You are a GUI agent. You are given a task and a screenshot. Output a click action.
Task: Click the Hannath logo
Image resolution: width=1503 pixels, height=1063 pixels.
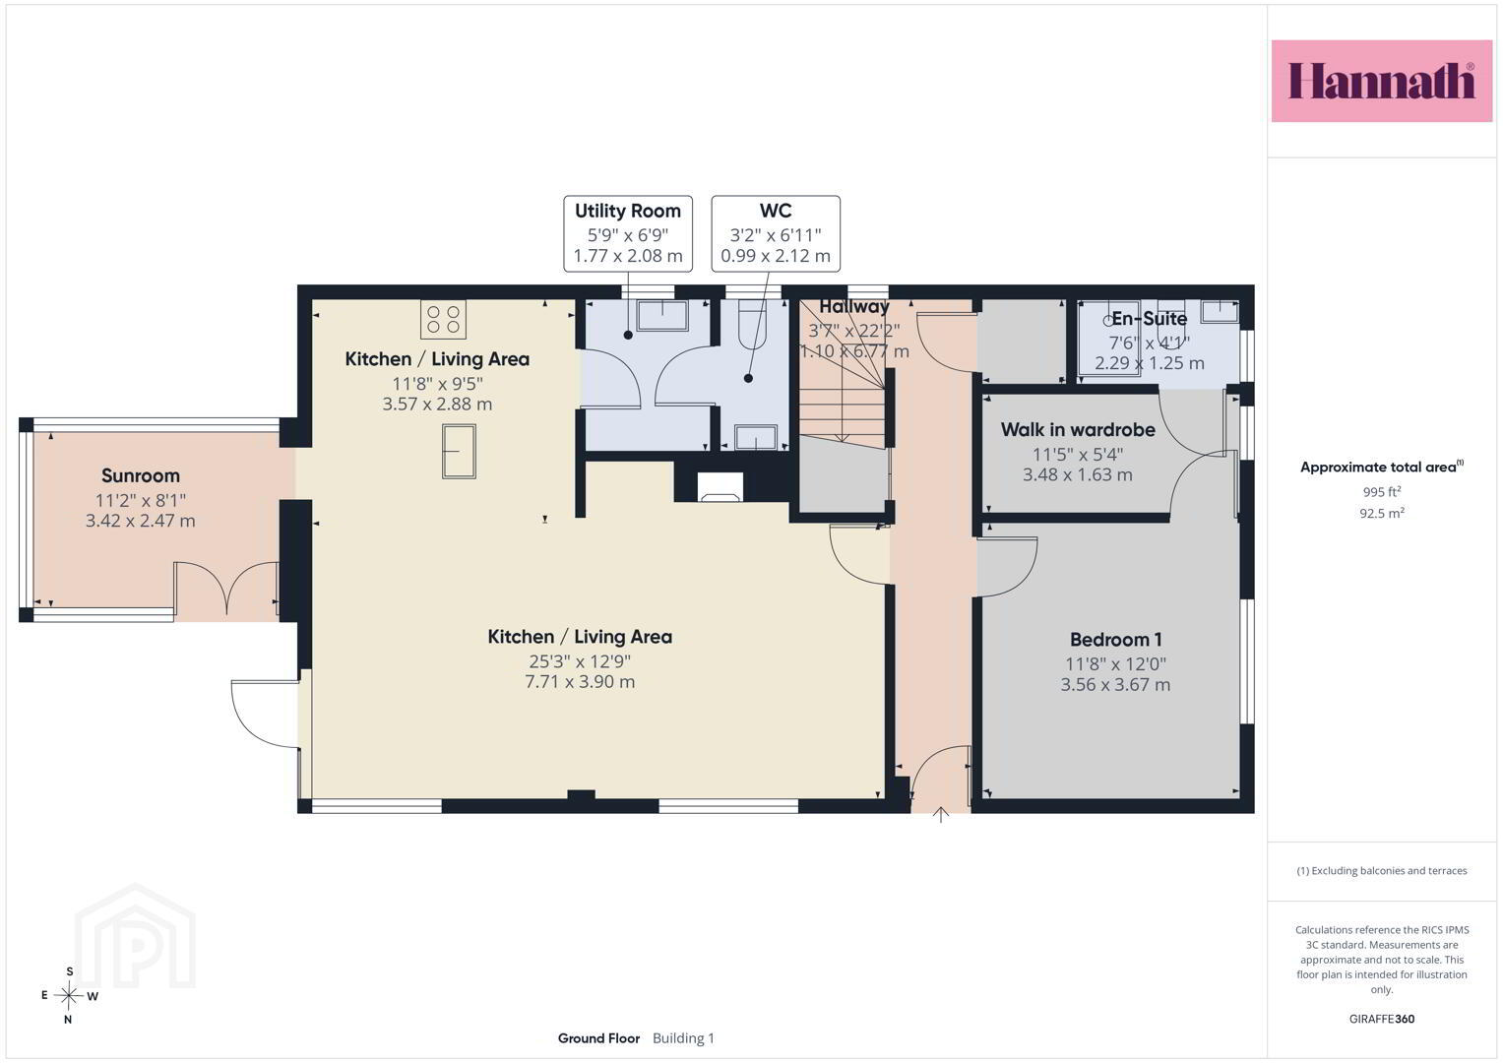1382,81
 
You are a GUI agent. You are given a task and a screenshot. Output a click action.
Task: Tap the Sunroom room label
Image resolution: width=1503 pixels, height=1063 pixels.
141,475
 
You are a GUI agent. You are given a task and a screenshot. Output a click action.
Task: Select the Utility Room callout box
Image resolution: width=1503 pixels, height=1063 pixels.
628,233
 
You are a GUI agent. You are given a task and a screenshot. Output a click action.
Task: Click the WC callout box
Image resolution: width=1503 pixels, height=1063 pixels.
776,233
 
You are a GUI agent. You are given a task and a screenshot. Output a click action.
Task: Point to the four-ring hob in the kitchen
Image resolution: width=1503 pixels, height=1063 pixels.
443,319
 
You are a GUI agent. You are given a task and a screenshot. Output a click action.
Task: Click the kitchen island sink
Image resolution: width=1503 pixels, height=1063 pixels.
459,452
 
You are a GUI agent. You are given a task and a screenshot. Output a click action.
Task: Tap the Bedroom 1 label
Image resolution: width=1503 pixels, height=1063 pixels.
1116,640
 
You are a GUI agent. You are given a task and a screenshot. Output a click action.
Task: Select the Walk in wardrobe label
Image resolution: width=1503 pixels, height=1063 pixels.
1078,429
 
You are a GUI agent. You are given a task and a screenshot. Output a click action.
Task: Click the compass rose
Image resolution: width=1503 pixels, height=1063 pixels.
69,995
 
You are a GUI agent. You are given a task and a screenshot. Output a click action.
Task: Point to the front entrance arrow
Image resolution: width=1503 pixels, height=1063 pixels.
941,815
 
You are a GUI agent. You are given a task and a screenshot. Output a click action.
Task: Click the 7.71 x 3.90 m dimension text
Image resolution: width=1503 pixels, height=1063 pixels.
580,682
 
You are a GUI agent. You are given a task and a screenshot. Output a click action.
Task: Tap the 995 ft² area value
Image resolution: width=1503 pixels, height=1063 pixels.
1382,491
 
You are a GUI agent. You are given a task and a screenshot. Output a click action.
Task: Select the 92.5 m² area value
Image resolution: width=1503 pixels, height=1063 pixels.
1382,514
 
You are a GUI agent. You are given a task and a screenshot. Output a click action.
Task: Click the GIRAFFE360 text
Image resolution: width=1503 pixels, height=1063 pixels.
1382,1019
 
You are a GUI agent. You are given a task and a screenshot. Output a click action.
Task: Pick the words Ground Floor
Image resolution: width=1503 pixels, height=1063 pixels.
598,1038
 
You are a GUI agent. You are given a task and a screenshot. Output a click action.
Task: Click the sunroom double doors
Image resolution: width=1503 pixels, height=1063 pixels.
226,588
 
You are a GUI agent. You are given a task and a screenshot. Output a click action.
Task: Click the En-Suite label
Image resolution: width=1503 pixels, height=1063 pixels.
1149,319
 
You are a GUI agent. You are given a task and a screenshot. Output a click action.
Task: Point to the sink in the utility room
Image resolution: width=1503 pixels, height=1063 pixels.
662,315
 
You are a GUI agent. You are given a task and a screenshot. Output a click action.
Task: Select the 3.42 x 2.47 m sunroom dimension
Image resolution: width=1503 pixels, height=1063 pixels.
141,521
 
